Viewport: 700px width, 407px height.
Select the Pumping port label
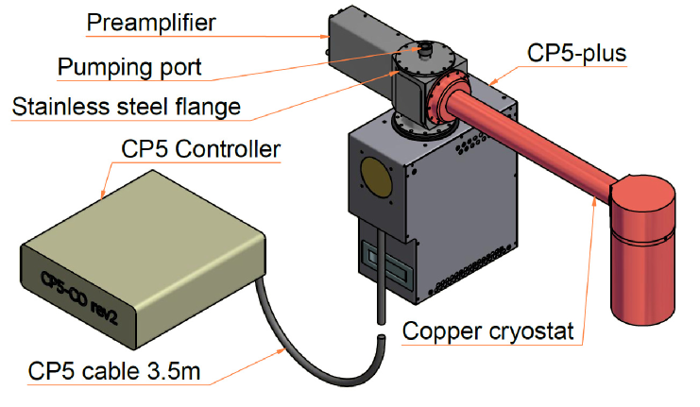click(129, 68)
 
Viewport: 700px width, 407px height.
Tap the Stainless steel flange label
click(126, 107)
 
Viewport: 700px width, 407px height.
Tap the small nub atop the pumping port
click(424, 44)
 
